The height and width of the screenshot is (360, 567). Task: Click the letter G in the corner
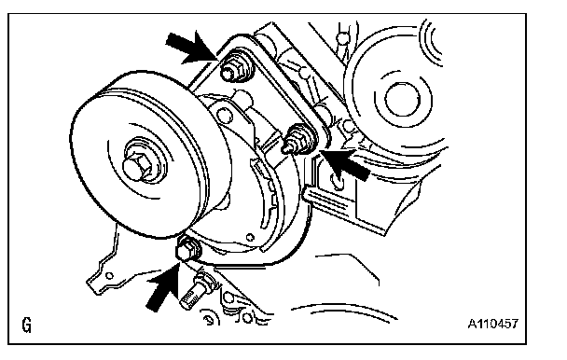coord(27,325)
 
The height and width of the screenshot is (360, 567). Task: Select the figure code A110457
coord(493,324)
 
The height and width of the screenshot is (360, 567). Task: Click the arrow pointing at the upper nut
coord(190,48)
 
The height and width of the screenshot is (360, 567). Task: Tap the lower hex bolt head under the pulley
coord(186,249)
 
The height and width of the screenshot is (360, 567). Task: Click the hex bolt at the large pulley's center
coord(137,165)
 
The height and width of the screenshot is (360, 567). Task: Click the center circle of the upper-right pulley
coord(403,99)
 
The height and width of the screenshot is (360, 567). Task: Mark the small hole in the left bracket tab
coord(109,276)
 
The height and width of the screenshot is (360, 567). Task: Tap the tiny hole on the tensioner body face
coord(250,237)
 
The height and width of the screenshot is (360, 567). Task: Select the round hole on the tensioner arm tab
coord(223,115)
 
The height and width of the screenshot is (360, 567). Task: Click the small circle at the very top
coord(343,37)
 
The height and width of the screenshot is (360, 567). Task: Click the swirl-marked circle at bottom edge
coord(208,318)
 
